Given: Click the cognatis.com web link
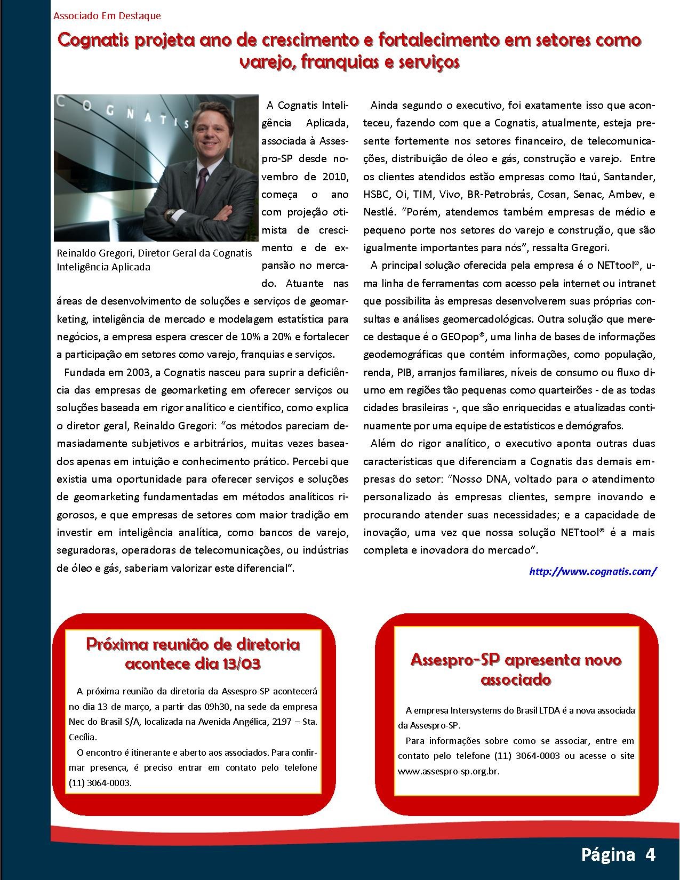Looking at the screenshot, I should pos(593,572).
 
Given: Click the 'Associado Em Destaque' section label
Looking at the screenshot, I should pos(107,16).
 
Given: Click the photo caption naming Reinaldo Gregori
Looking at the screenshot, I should pos(154,260).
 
